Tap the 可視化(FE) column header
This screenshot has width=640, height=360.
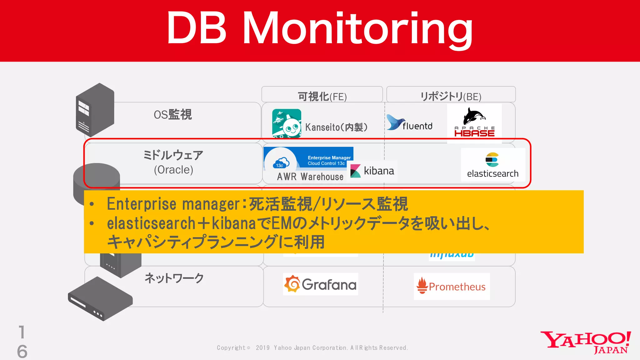[x=322, y=96]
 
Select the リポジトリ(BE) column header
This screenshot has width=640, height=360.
[x=451, y=96]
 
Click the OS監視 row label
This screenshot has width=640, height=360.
[x=173, y=115]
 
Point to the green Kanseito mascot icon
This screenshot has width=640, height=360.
[x=287, y=123]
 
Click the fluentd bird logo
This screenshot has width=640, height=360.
[x=396, y=122]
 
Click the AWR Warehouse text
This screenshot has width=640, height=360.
[x=310, y=177]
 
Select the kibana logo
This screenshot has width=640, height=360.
[x=372, y=171]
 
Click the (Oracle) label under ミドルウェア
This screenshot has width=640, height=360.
[x=173, y=170]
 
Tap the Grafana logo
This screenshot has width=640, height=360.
[x=320, y=284]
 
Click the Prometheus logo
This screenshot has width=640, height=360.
[x=452, y=286]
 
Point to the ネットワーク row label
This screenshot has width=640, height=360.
[x=174, y=278]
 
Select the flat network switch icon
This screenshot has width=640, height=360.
[x=100, y=299]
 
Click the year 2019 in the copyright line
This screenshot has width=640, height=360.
[x=262, y=348]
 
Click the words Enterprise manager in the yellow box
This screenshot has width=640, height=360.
[x=173, y=204]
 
